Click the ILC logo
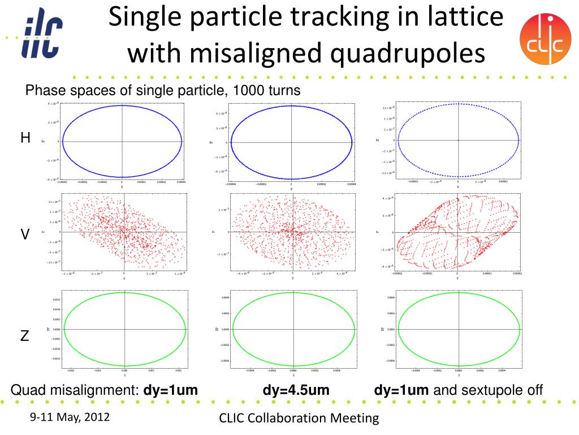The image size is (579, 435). point(42,35)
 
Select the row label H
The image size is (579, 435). point(25,138)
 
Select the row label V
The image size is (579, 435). point(25,234)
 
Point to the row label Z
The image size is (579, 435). point(25,336)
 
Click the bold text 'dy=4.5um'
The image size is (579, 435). point(296,390)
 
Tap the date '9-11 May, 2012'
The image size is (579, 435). point(70,417)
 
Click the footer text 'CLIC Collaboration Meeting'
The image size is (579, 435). point(299,418)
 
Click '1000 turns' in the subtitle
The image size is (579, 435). point(265,91)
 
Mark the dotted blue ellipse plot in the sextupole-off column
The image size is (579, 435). point(458,140)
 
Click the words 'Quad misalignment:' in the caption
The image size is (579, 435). point(76,390)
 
